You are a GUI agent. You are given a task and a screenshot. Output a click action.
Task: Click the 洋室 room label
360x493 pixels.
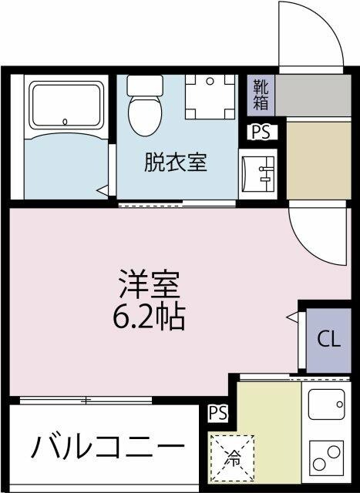tap(149, 286)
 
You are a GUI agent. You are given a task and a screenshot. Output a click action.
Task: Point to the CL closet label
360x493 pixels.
tap(329, 339)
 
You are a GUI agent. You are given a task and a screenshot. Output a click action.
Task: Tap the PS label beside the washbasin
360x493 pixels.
tap(261, 132)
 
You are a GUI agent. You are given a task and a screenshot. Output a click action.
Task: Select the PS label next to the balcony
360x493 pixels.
tap(218, 413)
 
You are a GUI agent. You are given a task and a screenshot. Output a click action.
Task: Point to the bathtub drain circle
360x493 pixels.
tap(66, 120)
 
